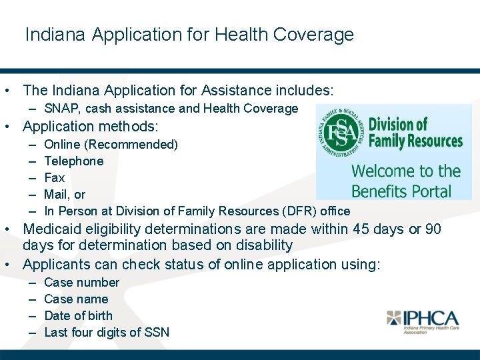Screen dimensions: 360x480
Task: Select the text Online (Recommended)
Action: [111, 145]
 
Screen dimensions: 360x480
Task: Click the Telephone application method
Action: [73, 161]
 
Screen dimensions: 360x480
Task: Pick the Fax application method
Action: [54, 178]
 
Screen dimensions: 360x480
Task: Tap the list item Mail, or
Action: [64, 195]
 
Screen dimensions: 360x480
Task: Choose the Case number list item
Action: [81, 283]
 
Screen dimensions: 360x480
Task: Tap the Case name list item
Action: [75, 299]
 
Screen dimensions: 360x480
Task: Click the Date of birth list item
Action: [78, 316]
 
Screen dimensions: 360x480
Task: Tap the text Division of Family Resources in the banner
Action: [415, 132]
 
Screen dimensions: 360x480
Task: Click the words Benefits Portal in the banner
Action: [401, 191]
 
